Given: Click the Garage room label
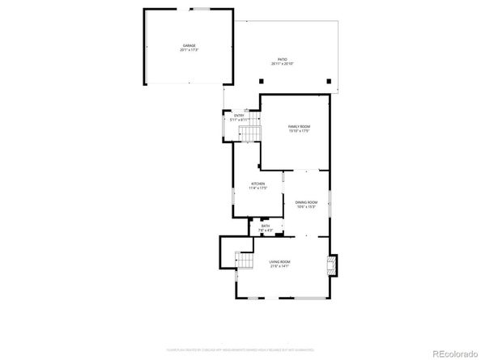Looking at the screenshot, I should click(189, 46).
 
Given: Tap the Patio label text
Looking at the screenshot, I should click(282, 59).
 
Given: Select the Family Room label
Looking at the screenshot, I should click(299, 127).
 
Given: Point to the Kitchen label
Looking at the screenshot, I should click(258, 184).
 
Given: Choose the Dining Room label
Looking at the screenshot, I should click(305, 202).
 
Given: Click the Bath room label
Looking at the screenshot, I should click(266, 226).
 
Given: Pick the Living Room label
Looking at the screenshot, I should click(280, 262).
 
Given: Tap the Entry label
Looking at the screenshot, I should click(239, 116).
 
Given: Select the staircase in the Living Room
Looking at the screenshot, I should click(243, 260).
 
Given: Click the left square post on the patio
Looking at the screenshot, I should click(261, 80).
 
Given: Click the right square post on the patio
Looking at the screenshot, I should click(327, 80).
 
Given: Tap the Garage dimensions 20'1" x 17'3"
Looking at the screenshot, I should click(189, 51).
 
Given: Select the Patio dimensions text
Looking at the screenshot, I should click(282, 64).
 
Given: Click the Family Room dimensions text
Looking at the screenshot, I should click(299, 132).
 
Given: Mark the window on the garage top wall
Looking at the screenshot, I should click(197, 9).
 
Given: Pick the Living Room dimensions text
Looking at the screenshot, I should click(280, 267).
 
